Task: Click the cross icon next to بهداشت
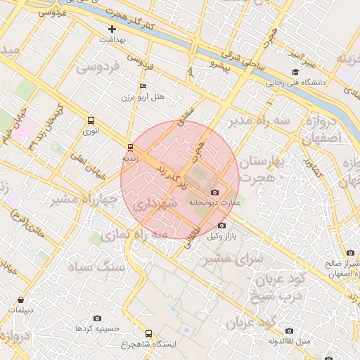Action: [x=112, y=29]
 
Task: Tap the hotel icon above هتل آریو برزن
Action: [x=143, y=86]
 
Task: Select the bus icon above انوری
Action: [x=91, y=120]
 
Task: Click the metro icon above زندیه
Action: [x=129, y=147]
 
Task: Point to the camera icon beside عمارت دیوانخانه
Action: [x=214, y=192]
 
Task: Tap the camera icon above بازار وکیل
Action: [x=222, y=225]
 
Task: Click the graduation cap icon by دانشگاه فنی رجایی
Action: [x=295, y=72]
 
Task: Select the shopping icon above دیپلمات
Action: [x=20, y=299]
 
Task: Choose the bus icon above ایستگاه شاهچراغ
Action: [x=148, y=333]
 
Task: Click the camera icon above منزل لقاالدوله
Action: [x=289, y=330]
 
